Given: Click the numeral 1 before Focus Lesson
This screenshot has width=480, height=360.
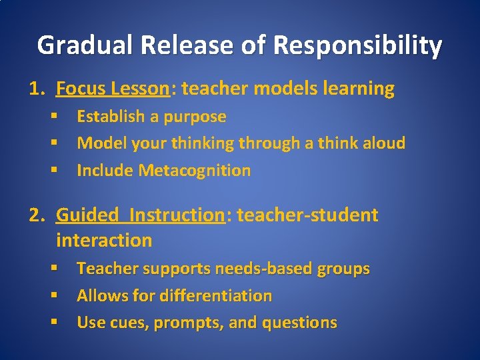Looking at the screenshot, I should pyautogui.click(x=33, y=89).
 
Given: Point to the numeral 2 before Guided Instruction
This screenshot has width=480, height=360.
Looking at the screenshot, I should pyautogui.click(x=33, y=215).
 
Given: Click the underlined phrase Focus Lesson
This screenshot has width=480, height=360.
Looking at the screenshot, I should pyautogui.click(x=112, y=89).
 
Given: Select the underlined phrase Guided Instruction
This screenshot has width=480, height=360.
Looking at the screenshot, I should pyautogui.click(x=141, y=215).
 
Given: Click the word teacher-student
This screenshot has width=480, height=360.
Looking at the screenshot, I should pyautogui.click(x=307, y=215).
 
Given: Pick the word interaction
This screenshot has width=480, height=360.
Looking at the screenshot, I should pyautogui.click(x=104, y=240).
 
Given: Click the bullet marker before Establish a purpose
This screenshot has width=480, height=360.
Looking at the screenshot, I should pyautogui.click(x=53, y=117).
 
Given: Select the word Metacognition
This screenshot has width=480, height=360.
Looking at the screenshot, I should pyautogui.click(x=195, y=171).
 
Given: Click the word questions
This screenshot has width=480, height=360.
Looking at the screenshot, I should pyautogui.click(x=300, y=323).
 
